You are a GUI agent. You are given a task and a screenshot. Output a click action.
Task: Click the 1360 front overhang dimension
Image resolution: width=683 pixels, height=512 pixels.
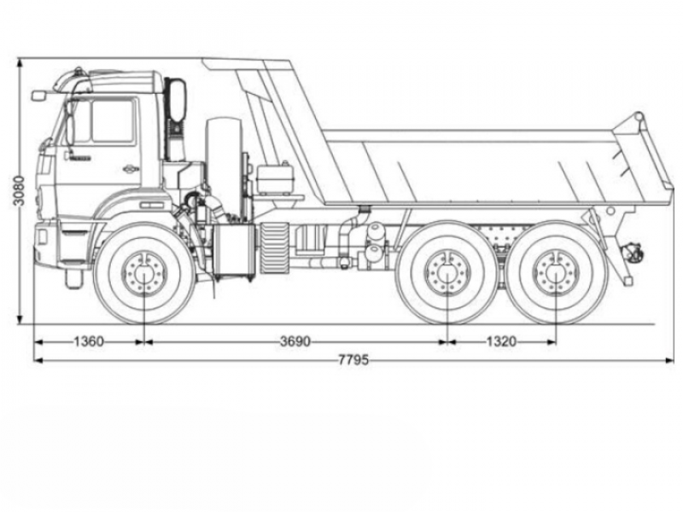pyautogui.click(x=88, y=342)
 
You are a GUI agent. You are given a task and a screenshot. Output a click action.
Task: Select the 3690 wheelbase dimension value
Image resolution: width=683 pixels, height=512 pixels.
pyautogui.click(x=295, y=342)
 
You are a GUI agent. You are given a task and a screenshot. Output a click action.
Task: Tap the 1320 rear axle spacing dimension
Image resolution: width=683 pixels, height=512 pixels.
pyautogui.click(x=502, y=342)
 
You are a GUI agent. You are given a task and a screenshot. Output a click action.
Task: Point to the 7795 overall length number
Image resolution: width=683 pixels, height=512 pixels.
pyautogui.click(x=353, y=361)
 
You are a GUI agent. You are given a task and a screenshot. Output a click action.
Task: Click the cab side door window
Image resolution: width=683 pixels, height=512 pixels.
pyautogui.click(x=111, y=121)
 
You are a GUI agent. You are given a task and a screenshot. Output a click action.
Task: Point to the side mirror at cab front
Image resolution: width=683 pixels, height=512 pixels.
pyautogui.click(x=38, y=96)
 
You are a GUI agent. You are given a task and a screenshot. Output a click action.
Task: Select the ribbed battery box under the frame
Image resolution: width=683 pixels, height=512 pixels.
pyautogui.click(x=273, y=247)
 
